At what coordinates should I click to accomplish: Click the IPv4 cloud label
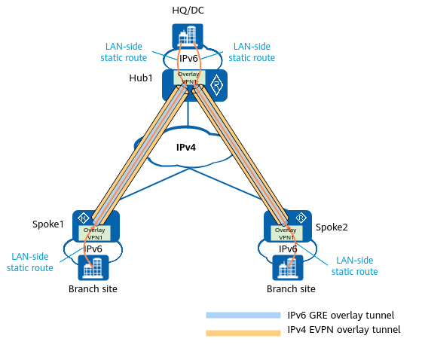click(x=186, y=148)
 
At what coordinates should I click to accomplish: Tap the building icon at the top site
click(x=188, y=36)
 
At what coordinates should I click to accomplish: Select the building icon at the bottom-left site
click(x=93, y=268)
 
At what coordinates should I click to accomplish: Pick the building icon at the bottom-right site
click(x=287, y=268)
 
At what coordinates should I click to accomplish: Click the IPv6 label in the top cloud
click(x=189, y=59)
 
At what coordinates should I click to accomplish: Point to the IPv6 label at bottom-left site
click(x=93, y=249)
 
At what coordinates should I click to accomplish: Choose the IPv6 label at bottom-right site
click(x=288, y=249)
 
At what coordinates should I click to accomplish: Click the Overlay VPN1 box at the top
click(x=188, y=78)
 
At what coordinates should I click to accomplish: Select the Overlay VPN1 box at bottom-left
click(x=94, y=233)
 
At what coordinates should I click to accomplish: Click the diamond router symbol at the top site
click(x=216, y=85)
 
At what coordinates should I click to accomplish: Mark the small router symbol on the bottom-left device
click(x=84, y=217)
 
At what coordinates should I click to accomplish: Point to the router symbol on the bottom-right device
click(x=300, y=218)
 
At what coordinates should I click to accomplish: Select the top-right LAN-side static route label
click(x=252, y=52)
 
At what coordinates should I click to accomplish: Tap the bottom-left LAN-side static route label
click(x=30, y=262)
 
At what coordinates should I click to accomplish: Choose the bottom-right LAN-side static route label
click(x=354, y=265)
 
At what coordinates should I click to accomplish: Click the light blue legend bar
click(x=243, y=316)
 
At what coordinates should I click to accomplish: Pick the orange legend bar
click(x=243, y=333)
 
